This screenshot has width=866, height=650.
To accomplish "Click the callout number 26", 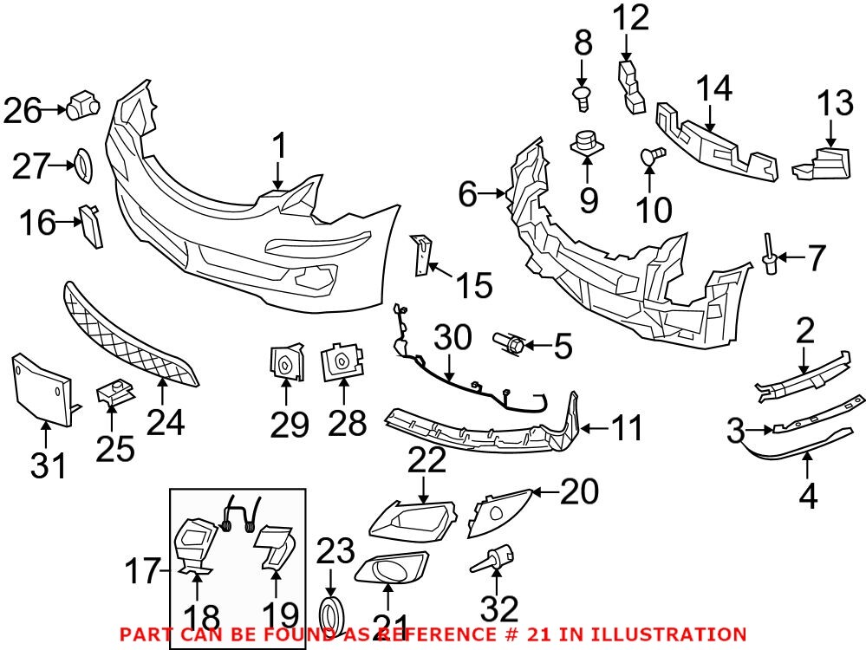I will [x=23, y=110].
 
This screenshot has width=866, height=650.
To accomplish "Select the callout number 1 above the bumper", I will [x=278, y=146].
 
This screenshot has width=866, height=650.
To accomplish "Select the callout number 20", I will [x=579, y=492].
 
